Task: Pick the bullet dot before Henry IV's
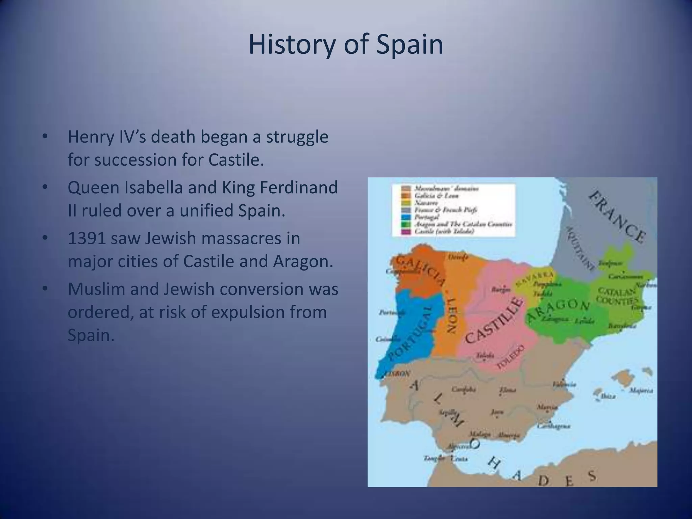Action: click(x=45, y=137)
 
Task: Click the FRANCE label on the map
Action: click(x=617, y=217)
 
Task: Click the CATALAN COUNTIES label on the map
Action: click(x=617, y=296)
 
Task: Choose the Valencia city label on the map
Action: click(x=564, y=385)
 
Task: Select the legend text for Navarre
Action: click(x=426, y=203)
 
